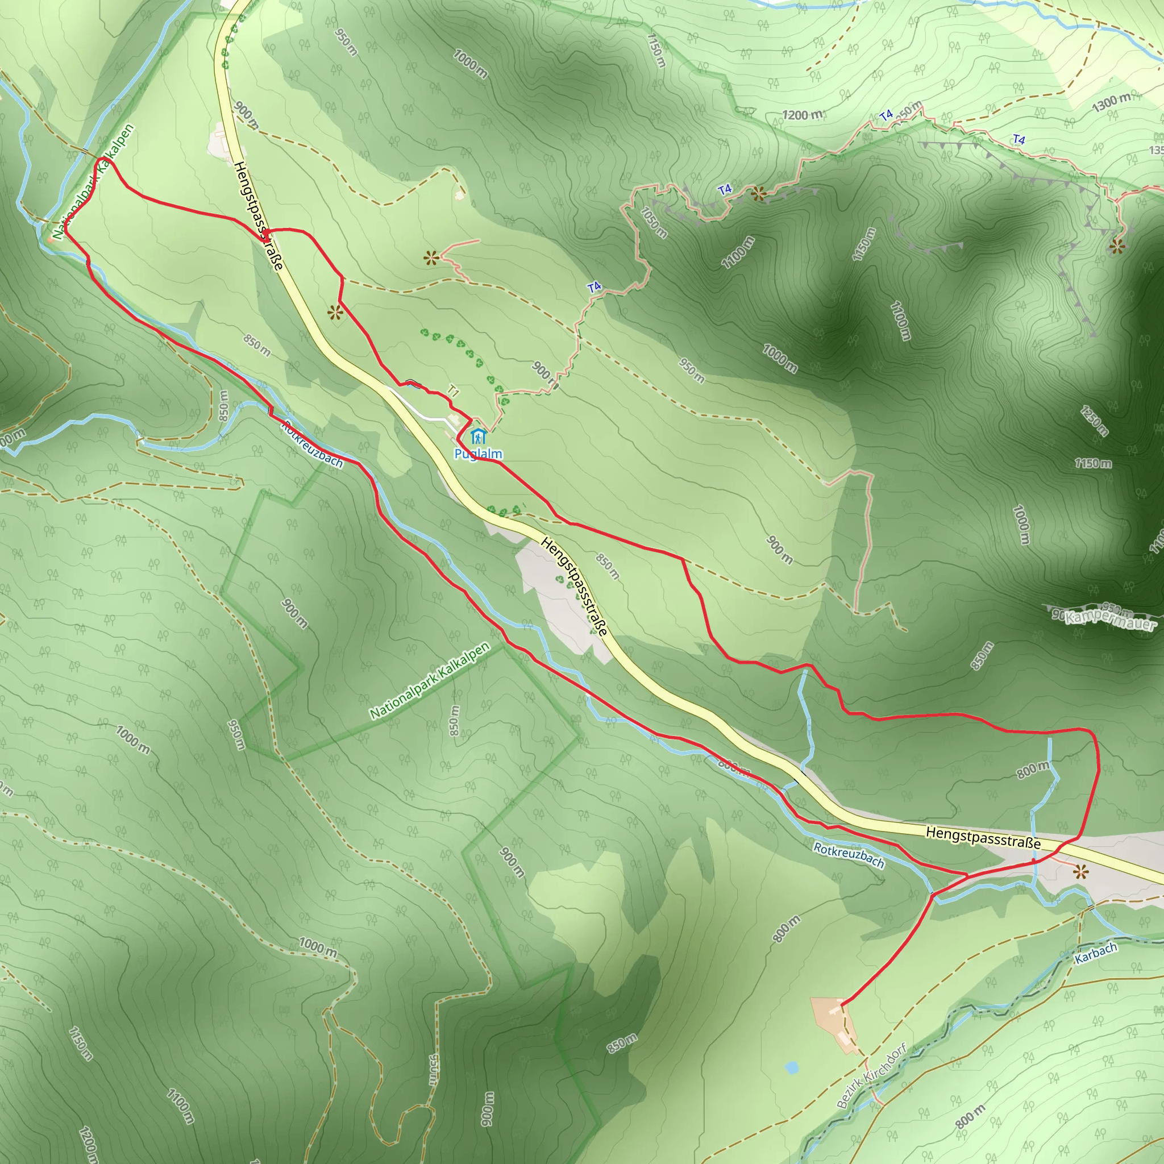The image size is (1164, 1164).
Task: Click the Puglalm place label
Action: pyautogui.click(x=478, y=454)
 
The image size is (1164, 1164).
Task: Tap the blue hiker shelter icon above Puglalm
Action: pyautogui.click(x=478, y=435)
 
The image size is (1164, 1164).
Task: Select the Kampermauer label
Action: pyautogui.click(x=1111, y=620)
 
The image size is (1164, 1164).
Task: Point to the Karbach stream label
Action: pyautogui.click(x=1096, y=953)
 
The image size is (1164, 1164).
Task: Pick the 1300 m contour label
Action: pyautogui.click(x=1111, y=103)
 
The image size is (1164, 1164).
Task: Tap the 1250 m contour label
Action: pyautogui.click(x=1094, y=421)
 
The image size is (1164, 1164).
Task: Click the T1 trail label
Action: pyautogui.click(x=453, y=393)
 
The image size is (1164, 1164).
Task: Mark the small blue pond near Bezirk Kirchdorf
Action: pyautogui.click(x=792, y=1067)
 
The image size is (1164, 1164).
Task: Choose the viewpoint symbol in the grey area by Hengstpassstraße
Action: pyautogui.click(x=1082, y=872)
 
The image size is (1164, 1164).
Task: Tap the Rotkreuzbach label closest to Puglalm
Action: pyautogui.click(x=312, y=444)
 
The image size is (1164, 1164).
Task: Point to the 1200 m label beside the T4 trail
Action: pyautogui.click(x=802, y=114)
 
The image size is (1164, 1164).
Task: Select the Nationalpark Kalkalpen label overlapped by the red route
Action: pyautogui.click(x=93, y=182)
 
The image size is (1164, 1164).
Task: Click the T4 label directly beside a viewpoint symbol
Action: pyautogui.click(x=725, y=189)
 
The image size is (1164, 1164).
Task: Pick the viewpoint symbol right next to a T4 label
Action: pyautogui.click(x=758, y=194)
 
